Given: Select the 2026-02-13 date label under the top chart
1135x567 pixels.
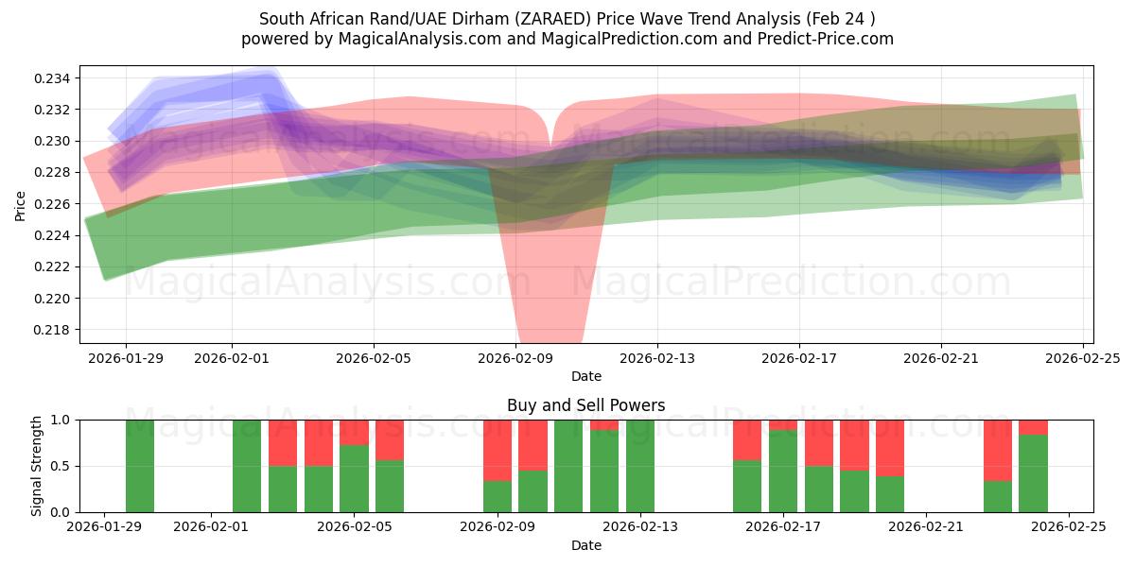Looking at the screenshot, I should coord(657,358).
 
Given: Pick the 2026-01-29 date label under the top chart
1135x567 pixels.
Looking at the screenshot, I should coord(126,358).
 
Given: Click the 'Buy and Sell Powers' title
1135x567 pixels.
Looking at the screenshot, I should coord(585,405).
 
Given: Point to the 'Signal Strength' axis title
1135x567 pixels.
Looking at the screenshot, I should coord(37,466).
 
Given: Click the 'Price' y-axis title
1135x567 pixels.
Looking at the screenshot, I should coord(21,204).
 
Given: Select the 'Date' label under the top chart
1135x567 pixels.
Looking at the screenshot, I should coord(585,376).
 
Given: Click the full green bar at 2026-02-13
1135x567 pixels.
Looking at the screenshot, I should coord(640,466).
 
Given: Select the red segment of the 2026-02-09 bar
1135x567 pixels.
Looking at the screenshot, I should coord(498,450).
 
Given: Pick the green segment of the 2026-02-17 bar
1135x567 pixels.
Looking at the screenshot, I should coord(782,472).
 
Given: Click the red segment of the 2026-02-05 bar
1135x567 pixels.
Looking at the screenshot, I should coord(354,432).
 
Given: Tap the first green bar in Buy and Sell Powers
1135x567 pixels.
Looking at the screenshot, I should coord(140,466).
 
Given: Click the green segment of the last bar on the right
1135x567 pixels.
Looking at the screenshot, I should coord(1033,473).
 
